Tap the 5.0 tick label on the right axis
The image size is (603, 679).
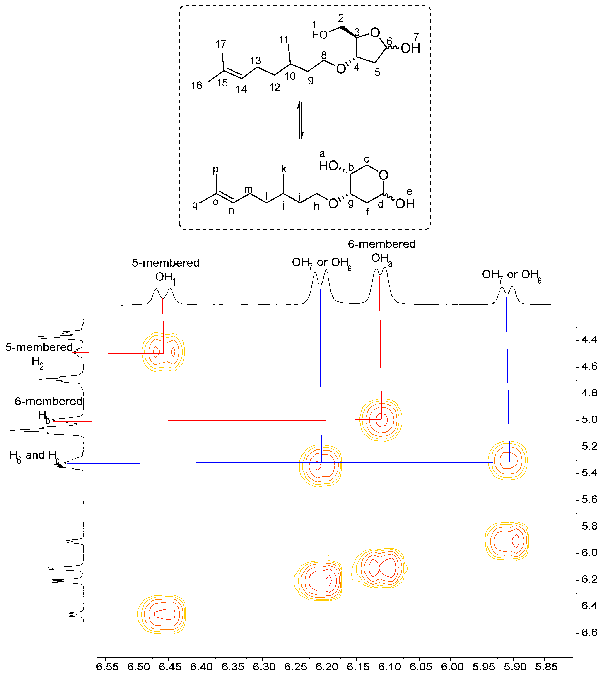coord(589,420)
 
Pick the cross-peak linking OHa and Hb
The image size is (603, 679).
coord(381,420)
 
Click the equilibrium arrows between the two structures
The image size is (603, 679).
coord(301,120)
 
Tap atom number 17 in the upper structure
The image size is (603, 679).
coord(220,44)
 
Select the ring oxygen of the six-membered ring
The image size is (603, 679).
coord(383,175)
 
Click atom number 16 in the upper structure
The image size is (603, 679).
coord(196,86)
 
